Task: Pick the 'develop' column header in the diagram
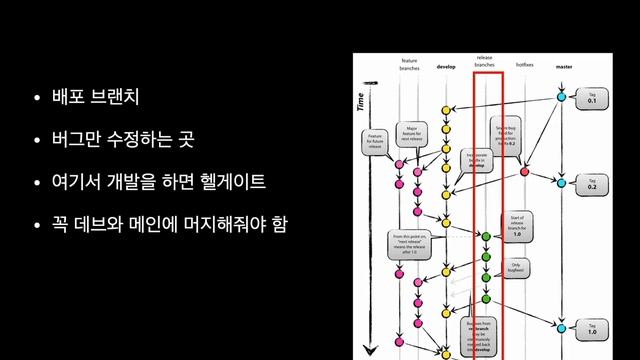point(446,67)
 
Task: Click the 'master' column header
point(563,67)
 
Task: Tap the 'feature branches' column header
point(409,64)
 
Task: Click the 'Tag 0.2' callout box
point(592,185)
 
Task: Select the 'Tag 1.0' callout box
point(592,328)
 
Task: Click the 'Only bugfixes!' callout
point(516,267)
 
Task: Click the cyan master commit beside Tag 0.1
point(562,98)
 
